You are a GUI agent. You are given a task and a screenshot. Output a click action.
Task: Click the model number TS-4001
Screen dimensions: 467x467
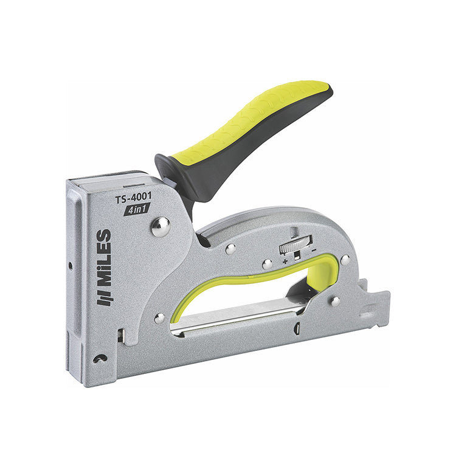click(x=133, y=198)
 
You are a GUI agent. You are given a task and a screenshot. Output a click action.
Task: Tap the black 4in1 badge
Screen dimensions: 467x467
click(x=137, y=209)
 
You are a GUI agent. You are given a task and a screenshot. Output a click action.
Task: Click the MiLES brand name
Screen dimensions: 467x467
click(x=105, y=257)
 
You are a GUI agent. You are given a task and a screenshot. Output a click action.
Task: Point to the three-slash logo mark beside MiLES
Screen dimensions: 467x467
click(x=104, y=297)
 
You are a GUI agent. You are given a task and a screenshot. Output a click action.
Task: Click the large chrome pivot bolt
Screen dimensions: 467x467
click(x=161, y=227)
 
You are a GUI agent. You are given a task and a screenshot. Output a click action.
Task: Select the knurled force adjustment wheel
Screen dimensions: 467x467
click(x=296, y=244)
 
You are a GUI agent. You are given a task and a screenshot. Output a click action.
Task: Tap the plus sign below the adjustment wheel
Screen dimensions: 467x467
click(x=285, y=262)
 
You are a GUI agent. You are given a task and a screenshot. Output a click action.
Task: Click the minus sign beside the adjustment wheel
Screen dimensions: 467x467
click(x=314, y=251)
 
